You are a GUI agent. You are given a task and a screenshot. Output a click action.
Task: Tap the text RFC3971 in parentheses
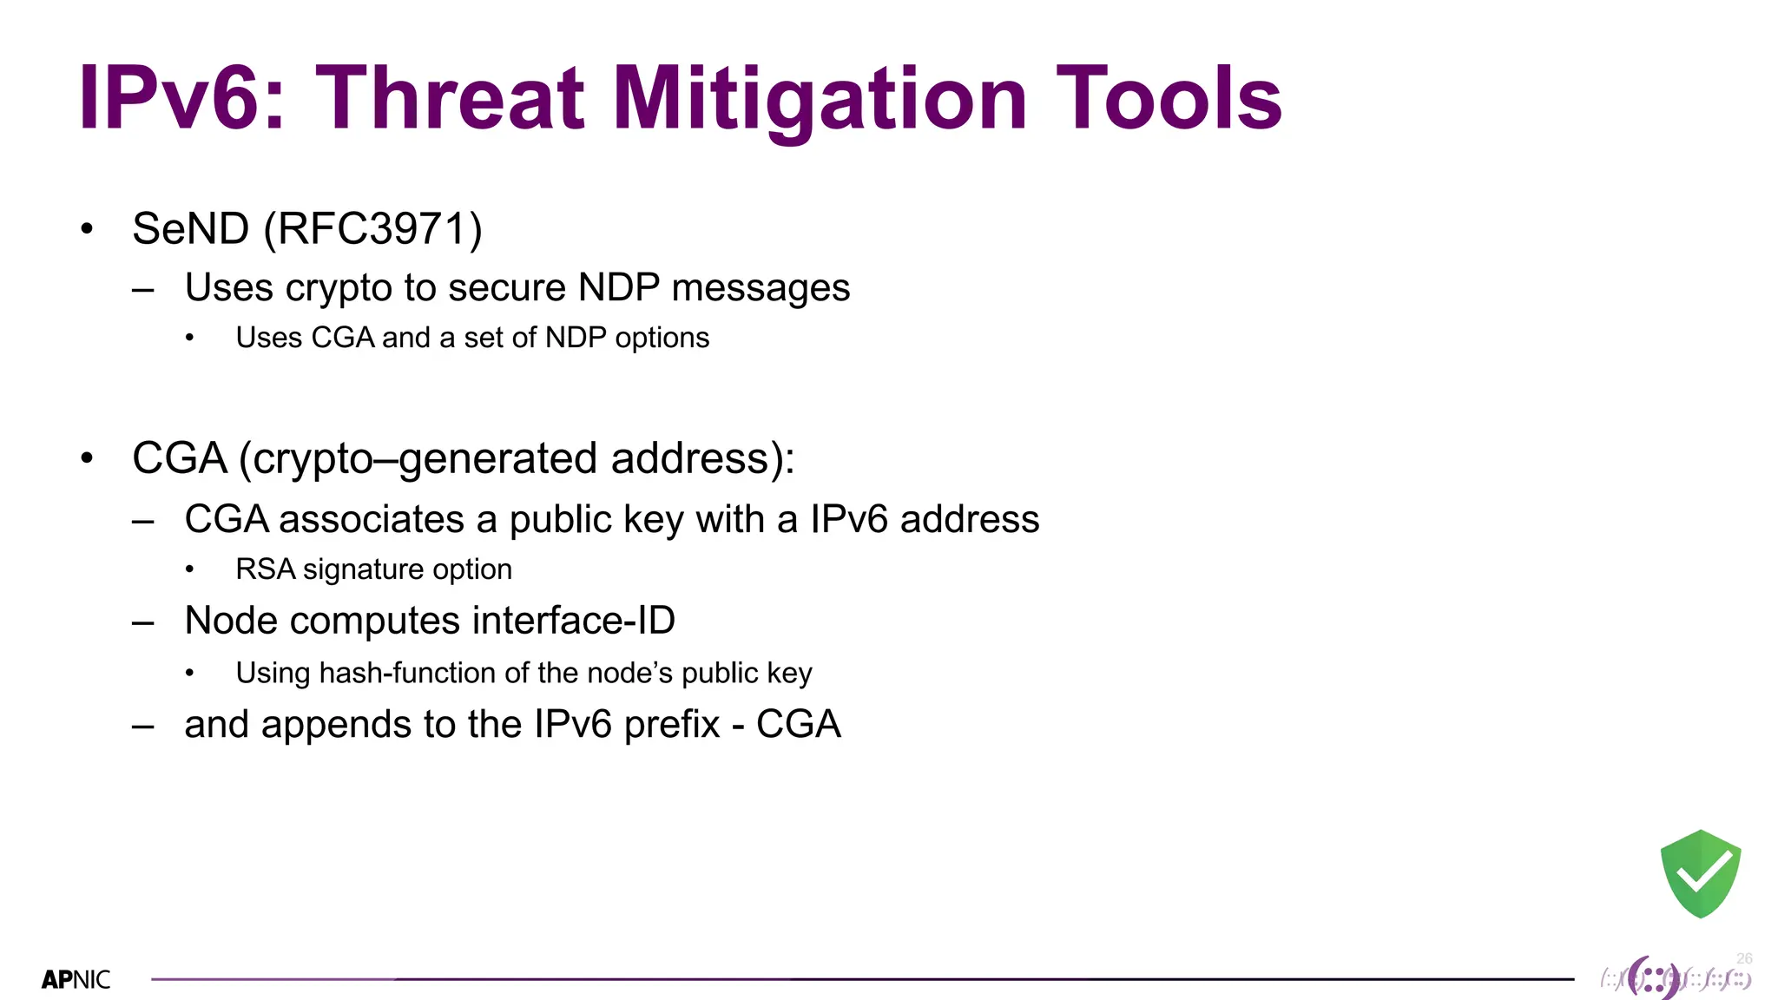click(372, 230)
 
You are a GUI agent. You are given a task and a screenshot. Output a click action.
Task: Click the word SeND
click(191, 230)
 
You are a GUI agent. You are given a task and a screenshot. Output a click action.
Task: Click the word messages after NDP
click(761, 288)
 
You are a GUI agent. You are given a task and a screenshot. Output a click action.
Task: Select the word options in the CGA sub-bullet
click(662, 338)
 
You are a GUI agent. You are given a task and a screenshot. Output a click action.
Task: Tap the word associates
click(372, 520)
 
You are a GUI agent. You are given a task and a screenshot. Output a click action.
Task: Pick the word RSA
click(265, 569)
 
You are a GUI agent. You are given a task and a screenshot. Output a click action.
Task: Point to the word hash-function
click(407, 673)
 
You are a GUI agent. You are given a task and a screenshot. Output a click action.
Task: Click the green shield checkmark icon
click(1700, 873)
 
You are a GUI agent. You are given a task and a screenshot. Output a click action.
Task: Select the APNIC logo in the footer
click(76, 980)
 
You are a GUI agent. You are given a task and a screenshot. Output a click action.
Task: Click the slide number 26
click(1744, 958)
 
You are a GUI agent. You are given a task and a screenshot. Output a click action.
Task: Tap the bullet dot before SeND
click(86, 229)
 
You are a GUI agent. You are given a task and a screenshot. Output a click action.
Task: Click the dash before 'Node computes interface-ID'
click(143, 623)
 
